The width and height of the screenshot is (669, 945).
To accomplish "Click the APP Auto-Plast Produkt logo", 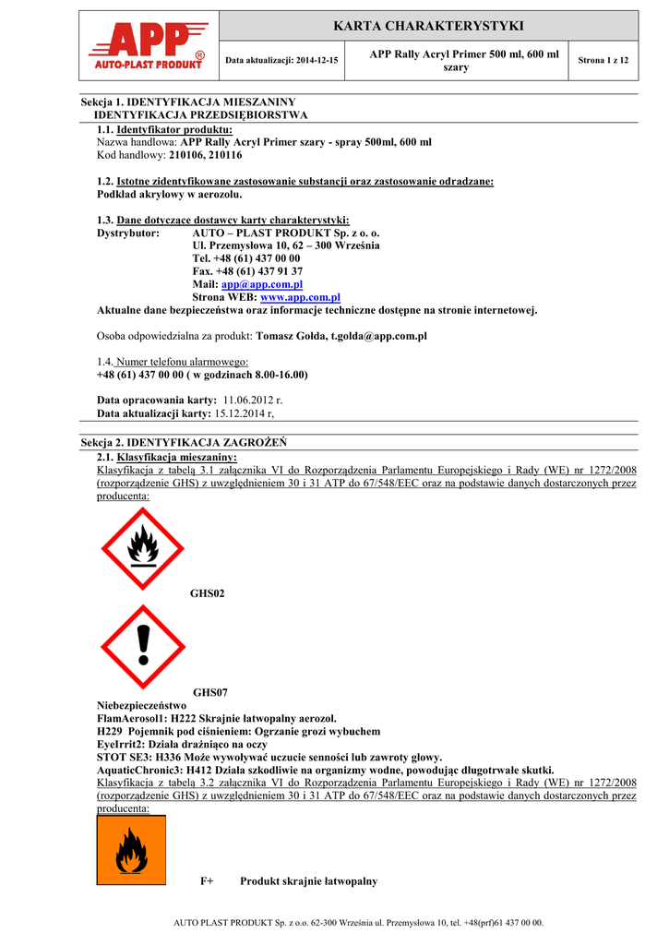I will click(x=149, y=48).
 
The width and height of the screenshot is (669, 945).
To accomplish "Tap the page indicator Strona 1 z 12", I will click(x=603, y=60).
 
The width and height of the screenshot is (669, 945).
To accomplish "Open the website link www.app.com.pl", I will click(x=301, y=297).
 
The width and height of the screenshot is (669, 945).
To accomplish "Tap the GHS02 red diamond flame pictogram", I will click(x=143, y=549).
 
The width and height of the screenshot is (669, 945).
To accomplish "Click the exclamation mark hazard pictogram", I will click(x=143, y=646).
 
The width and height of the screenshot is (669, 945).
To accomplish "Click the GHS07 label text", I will click(x=209, y=692).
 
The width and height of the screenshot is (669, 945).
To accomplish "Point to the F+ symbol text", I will click(x=207, y=881).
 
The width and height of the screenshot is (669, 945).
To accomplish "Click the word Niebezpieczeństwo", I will click(x=141, y=705).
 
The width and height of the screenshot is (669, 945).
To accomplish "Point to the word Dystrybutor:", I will click(x=128, y=233).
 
